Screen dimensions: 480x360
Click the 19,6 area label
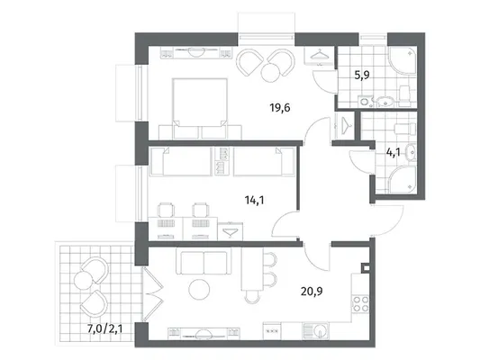pos(280,108)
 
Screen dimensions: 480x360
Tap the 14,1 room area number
pos(254,201)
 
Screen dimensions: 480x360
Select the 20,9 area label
pos(312,292)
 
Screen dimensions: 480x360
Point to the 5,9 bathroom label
pos(362,75)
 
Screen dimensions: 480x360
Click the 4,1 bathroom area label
pos(393,152)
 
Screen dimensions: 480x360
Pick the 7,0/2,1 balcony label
pos(105,328)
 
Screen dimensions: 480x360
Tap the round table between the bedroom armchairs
pos(270,72)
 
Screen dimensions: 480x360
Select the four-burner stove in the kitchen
pos(360,303)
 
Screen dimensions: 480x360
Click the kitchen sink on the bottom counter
pos(315,330)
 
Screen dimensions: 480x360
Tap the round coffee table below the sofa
pos(199,290)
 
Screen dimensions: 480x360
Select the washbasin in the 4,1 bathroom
pos(410,151)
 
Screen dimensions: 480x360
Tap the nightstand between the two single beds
pos(222,161)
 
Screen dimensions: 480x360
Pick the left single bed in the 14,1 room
pos(180,161)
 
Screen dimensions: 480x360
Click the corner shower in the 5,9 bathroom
pos(403,61)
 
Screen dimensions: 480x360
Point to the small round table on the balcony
pos(83,281)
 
